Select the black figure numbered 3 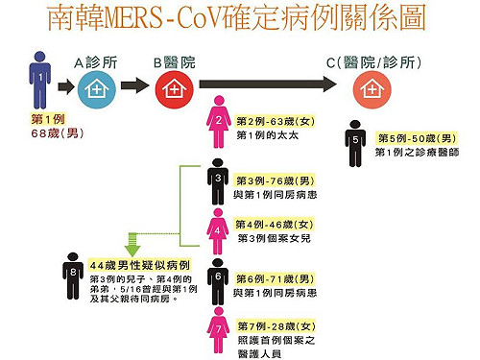(220, 180)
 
